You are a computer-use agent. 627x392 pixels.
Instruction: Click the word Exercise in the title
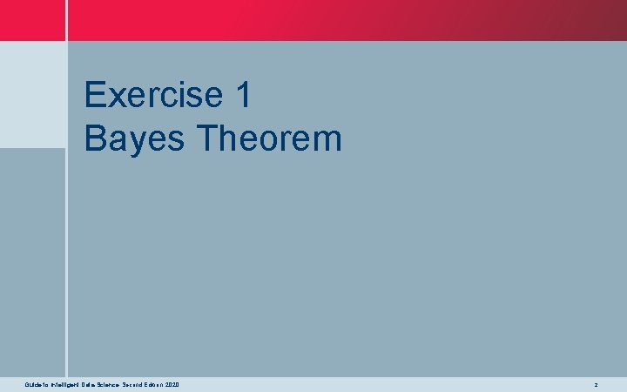tap(148, 95)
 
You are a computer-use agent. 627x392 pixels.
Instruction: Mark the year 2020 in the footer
tap(172, 384)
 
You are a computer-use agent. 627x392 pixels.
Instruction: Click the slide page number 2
tap(596, 384)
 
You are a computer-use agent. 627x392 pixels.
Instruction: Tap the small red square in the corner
tap(32, 20)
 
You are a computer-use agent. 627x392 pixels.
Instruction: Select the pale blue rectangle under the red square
tap(32, 94)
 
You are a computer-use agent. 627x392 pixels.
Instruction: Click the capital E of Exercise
tap(95, 95)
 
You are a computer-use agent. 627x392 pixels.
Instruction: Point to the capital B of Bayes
tap(95, 139)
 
